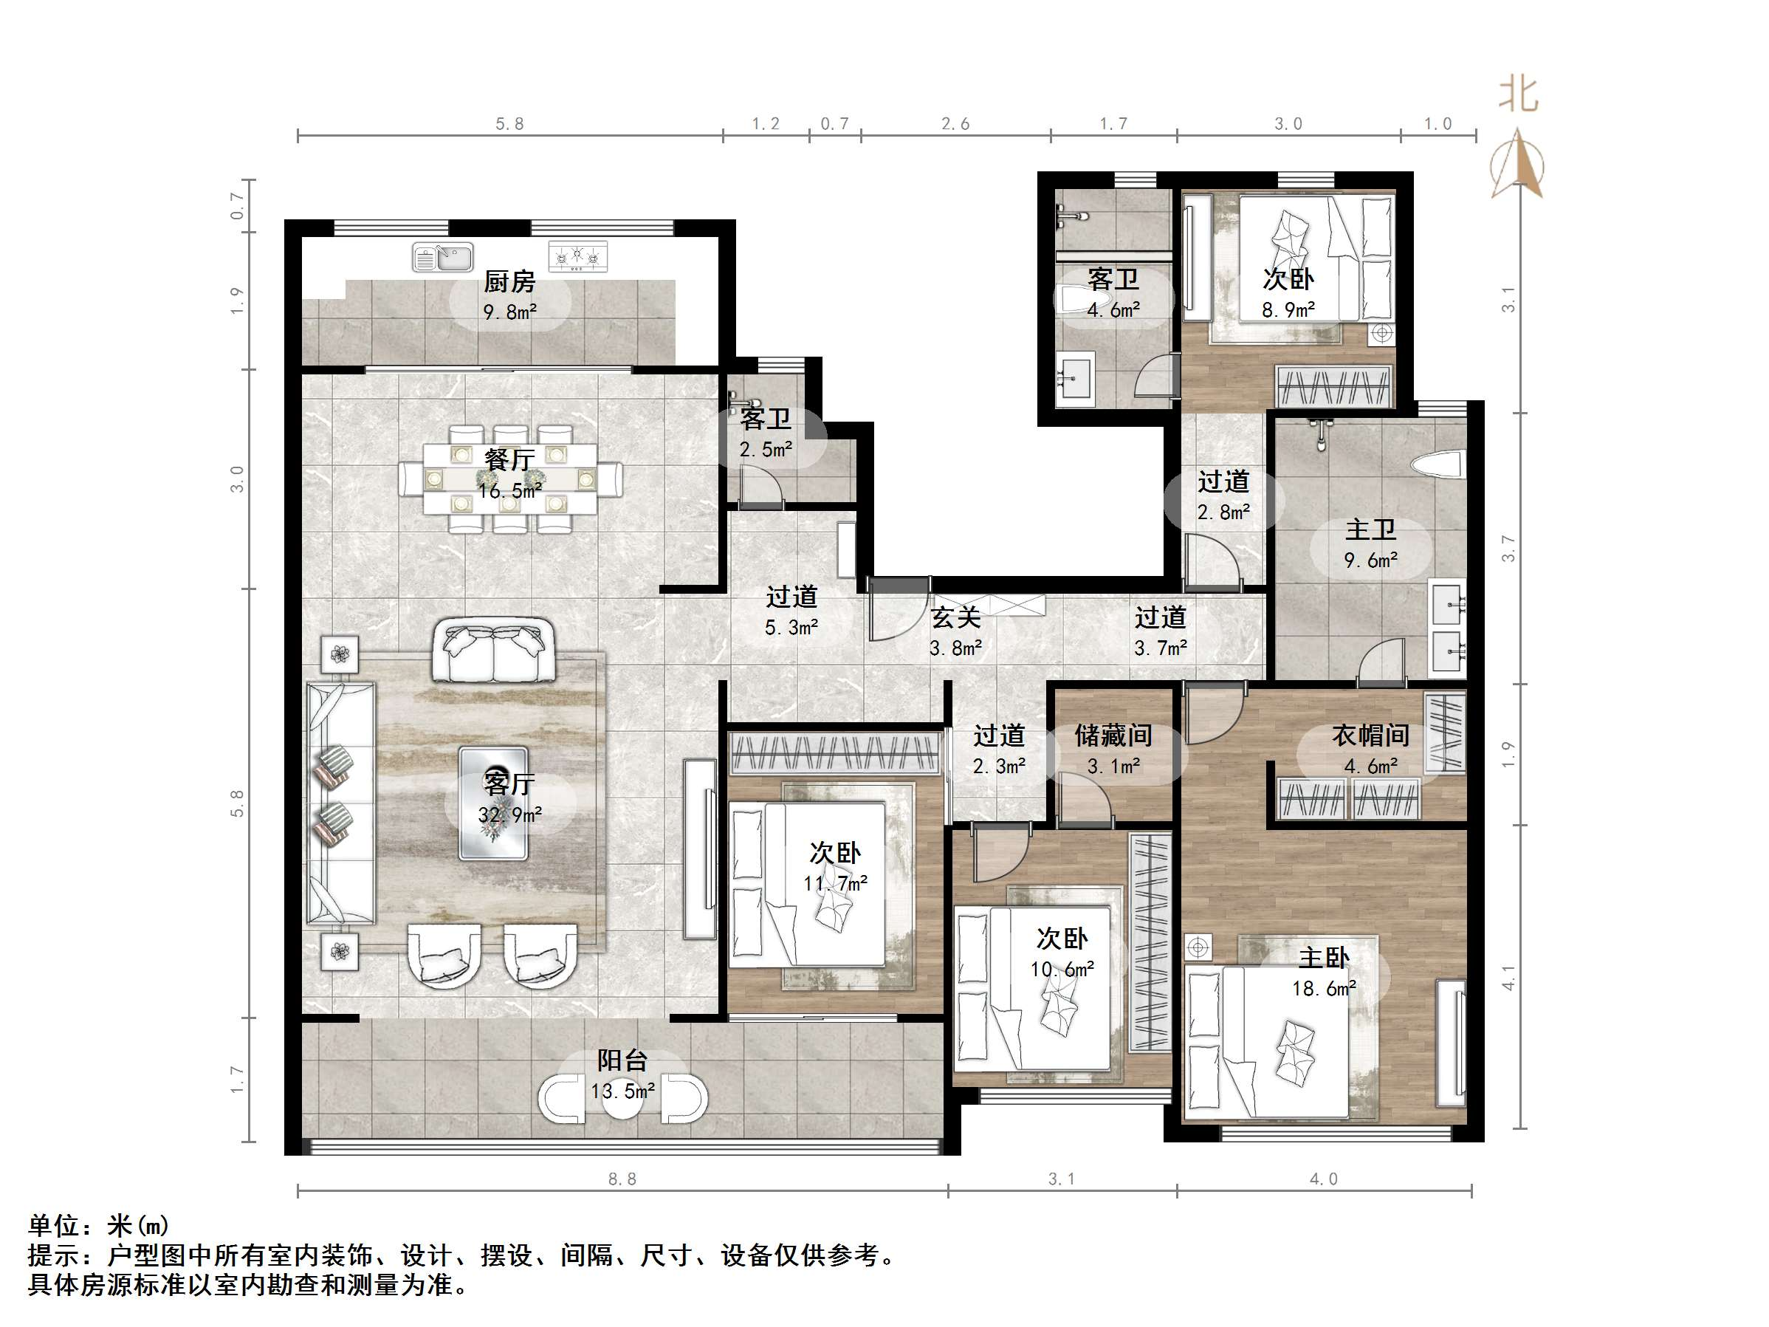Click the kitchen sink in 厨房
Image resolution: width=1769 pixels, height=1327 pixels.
[x=442, y=258]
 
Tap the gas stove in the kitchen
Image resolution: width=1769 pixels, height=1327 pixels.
[x=577, y=257]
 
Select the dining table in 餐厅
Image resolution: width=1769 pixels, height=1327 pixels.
[x=510, y=479]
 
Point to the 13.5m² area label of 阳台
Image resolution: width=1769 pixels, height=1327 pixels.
[x=622, y=1091]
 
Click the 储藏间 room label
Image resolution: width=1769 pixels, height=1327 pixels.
[x=1113, y=735]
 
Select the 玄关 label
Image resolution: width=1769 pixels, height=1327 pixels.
[x=955, y=617]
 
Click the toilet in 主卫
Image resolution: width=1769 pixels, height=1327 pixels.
[x=1439, y=465]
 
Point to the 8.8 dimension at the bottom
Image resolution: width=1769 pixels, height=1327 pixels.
[x=622, y=1179]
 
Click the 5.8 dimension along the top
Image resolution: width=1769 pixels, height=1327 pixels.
[x=509, y=124]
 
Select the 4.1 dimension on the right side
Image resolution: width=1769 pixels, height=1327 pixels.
[x=1508, y=978]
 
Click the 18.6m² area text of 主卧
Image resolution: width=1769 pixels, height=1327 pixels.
[x=1324, y=989]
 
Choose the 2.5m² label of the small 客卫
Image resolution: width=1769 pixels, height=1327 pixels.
[x=766, y=450]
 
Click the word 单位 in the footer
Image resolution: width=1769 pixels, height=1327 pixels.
[x=54, y=1224]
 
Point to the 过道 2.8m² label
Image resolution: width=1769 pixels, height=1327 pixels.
[x=1223, y=497]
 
